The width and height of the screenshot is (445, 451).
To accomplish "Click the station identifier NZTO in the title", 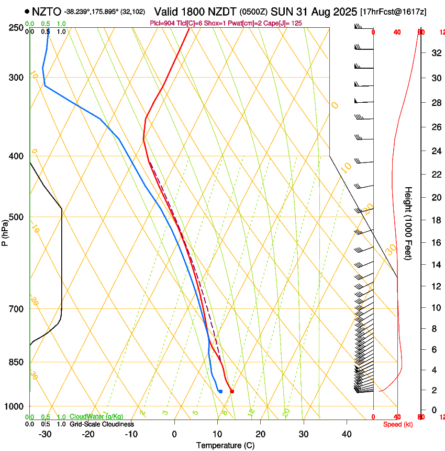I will point(46,11).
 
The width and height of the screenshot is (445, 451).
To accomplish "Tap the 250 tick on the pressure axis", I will point(16,27).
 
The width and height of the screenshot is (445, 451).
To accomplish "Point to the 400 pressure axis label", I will point(16,156).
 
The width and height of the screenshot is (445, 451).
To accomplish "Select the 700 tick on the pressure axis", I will point(16,309).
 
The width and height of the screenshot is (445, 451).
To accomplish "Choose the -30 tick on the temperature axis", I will point(45,434).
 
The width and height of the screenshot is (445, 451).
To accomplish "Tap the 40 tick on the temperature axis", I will point(346,434).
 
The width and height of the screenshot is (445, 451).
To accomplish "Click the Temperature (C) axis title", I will point(225,445).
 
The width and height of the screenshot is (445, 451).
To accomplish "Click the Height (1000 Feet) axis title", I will point(409,223).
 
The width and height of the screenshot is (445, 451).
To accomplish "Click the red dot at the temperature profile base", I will point(232,391).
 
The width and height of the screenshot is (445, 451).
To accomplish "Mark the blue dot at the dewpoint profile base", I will point(220,391).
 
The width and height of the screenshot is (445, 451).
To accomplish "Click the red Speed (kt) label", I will point(398,424).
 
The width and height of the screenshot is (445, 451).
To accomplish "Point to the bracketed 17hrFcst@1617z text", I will point(393,11).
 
